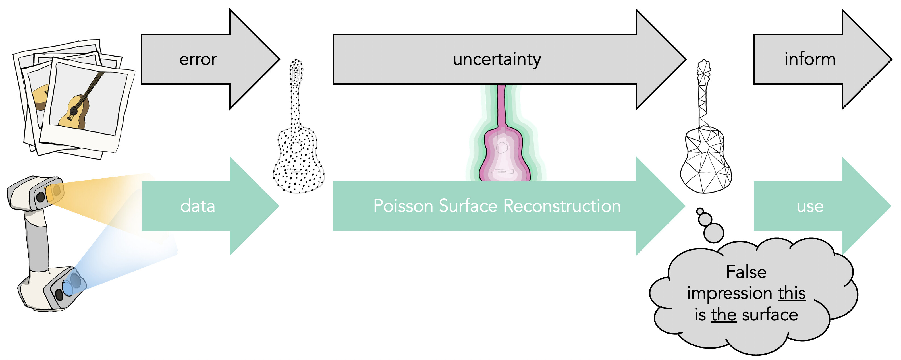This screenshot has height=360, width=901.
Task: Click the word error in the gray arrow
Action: click(198, 59)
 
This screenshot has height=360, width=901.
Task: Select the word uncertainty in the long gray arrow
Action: click(497, 59)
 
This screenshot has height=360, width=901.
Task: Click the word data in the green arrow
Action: click(198, 206)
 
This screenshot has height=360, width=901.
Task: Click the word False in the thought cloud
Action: click(746, 272)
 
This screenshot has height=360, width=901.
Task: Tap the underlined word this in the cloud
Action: click(792, 293)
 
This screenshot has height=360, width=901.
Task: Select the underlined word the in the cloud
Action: click(724, 315)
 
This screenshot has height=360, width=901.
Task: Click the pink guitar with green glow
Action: click(504, 147)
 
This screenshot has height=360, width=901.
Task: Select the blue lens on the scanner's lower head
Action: click(72, 284)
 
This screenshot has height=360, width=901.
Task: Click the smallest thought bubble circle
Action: click(700, 211)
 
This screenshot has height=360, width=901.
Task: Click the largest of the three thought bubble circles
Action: click(713, 233)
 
